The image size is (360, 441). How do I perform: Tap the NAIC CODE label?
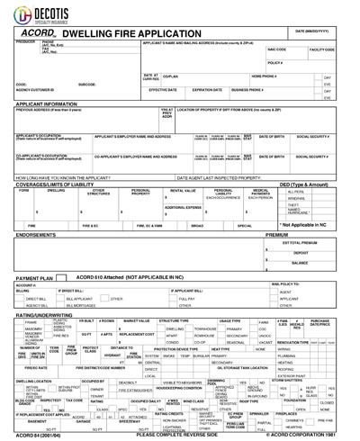[276, 50]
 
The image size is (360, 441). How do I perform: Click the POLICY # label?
[275, 63]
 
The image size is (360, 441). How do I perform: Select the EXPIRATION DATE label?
[206, 90]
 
